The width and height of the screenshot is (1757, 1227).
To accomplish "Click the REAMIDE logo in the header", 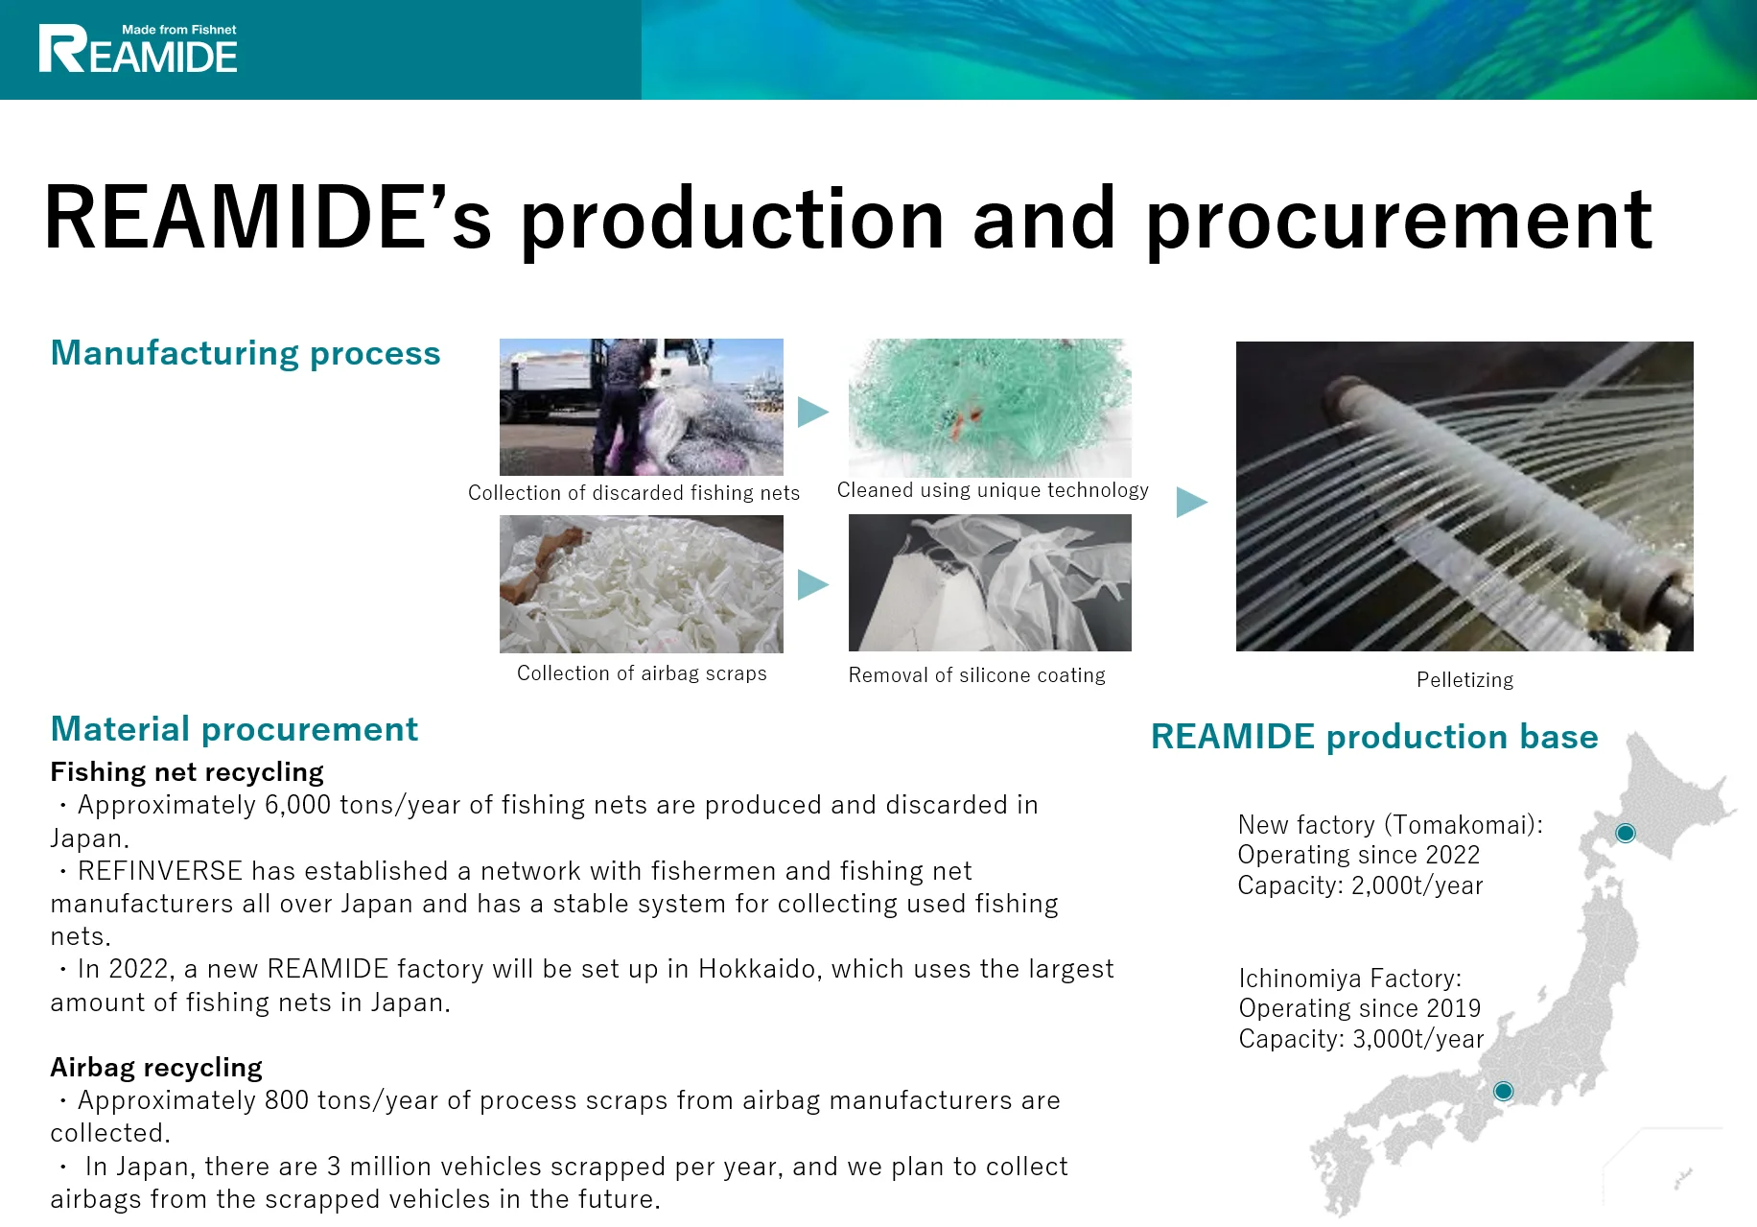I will pos(138,50).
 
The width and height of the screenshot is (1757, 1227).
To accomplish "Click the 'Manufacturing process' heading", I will pos(246,353).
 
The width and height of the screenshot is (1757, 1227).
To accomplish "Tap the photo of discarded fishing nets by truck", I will pos(641,407).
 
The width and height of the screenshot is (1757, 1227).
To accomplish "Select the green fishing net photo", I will pos(990,407).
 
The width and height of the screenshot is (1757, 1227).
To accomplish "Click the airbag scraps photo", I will pos(641,583).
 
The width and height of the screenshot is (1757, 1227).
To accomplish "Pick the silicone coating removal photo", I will pos(990,583).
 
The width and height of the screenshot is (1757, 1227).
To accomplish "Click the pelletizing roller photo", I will pos(1464,496).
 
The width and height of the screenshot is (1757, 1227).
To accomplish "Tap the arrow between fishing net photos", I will pos(811,413).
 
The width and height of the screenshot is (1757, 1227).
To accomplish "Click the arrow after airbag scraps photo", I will pos(811,584).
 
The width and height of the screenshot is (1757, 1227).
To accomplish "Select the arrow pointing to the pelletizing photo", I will pos(1190,502).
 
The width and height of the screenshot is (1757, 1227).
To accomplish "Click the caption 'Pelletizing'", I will pos(1464,680).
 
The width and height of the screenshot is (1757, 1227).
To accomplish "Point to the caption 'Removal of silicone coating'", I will pos(976,675).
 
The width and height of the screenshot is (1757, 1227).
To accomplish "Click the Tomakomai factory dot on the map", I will pos(1625,833).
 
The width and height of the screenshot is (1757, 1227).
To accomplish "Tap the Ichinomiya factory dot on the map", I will pos(1503,1091).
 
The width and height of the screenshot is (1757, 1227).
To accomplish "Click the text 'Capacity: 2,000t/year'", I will pos(1360,885).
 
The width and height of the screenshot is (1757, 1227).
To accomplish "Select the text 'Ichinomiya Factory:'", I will pos(1349,979).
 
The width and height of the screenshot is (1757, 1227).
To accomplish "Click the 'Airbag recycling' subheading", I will pos(156,1068).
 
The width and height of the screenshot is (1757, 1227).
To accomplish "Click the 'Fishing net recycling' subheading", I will pos(187,772).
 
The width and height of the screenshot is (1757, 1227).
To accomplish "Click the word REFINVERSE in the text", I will pos(160,871).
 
